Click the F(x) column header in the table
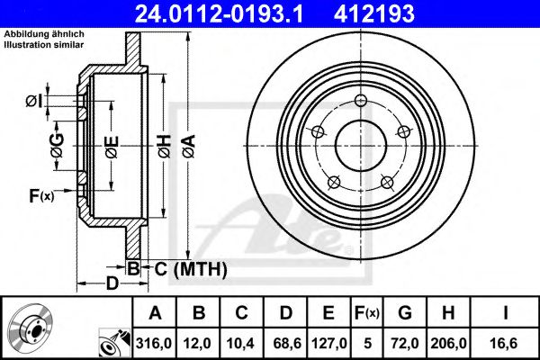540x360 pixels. tap(368, 312)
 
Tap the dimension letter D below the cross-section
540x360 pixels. tap(112, 285)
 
